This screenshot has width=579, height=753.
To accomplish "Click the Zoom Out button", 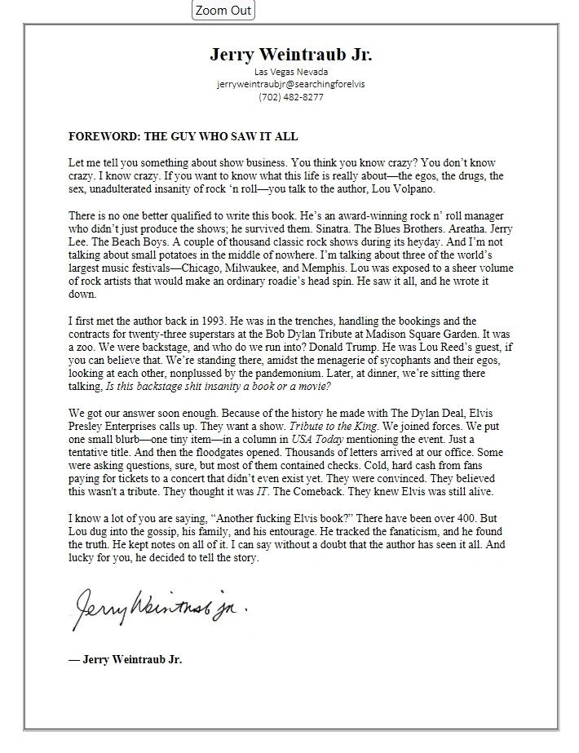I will [x=223, y=11].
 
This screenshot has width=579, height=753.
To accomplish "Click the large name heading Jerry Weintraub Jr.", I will [x=291, y=55].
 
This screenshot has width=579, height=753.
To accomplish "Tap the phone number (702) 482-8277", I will [x=291, y=97].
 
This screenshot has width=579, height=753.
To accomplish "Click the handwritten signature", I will [x=160, y=606].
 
